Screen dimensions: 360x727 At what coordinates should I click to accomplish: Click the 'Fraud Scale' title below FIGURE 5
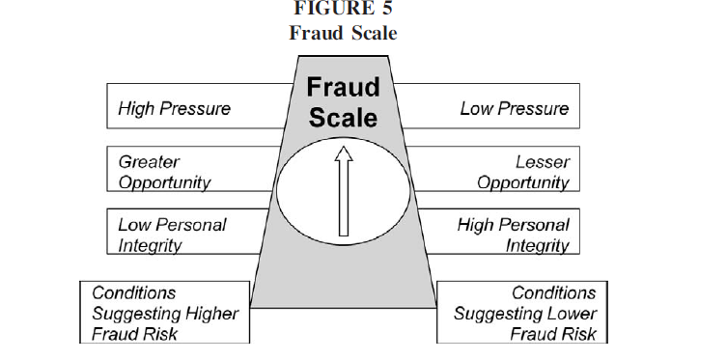tap(344, 33)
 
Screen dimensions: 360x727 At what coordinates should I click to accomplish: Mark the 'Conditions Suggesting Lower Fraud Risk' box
tap(521, 313)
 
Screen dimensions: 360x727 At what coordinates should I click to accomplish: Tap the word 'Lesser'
tap(543, 162)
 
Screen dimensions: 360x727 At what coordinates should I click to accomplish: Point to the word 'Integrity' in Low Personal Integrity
tap(152, 245)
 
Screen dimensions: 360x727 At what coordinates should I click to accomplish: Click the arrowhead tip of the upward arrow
tap(344, 149)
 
